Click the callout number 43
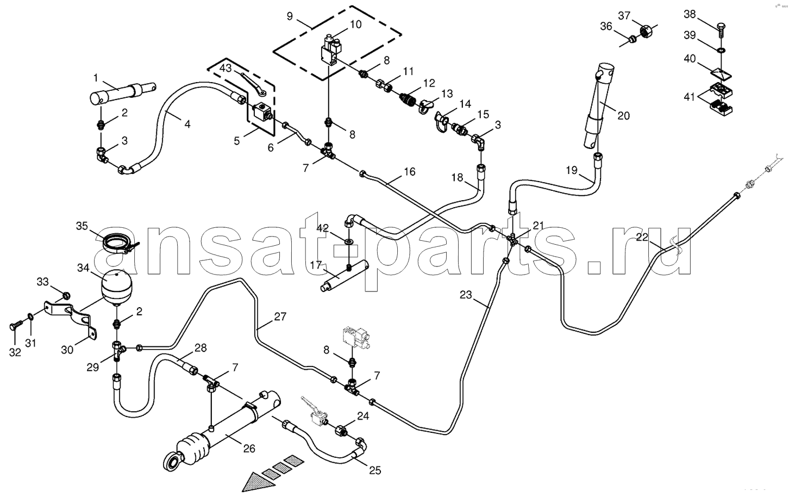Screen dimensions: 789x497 pyautogui.click(x=226, y=67)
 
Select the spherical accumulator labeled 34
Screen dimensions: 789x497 pyautogui.click(x=116, y=287)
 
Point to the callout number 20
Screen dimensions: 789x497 pyautogui.click(x=623, y=116)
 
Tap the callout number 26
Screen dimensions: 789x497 pyautogui.click(x=249, y=449)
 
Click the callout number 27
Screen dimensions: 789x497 pyautogui.click(x=280, y=316)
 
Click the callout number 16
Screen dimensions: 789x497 pyautogui.click(x=409, y=172)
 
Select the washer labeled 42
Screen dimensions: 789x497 pyautogui.click(x=349, y=241)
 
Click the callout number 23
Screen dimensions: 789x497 pyautogui.click(x=466, y=295)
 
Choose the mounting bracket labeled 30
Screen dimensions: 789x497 pyautogui.click(x=71, y=319)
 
